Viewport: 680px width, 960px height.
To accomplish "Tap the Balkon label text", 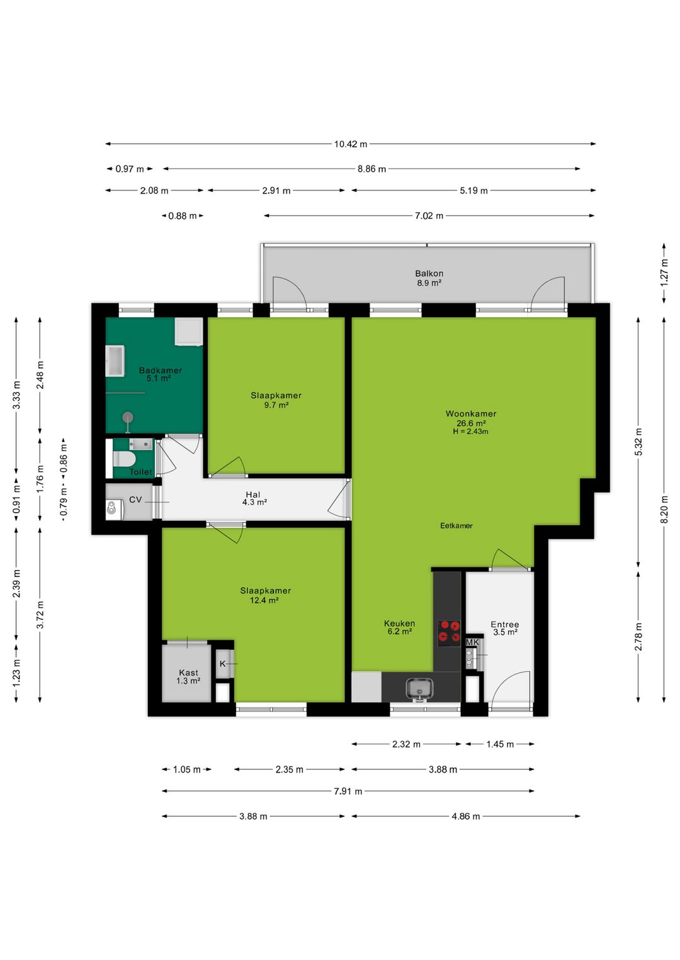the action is pyautogui.click(x=429, y=274).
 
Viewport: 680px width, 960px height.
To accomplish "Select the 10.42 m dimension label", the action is pyautogui.click(x=351, y=144).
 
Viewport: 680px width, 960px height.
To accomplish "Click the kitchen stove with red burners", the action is pyautogui.click(x=448, y=633).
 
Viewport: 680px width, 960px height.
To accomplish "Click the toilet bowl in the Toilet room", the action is pyautogui.click(x=124, y=459).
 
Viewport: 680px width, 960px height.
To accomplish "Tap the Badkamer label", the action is pyautogui.click(x=160, y=371).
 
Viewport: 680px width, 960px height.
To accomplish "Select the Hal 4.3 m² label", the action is pyautogui.click(x=254, y=498).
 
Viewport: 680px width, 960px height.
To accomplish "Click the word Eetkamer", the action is pyautogui.click(x=456, y=526).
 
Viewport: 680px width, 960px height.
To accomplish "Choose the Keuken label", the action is pyautogui.click(x=399, y=623).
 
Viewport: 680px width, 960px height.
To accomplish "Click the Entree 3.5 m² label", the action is pyautogui.click(x=504, y=628).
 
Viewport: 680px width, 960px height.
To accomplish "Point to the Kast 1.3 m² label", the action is pyautogui.click(x=188, y=677).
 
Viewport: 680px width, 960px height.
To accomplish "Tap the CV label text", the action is pyautogui.click(x=135, y=500).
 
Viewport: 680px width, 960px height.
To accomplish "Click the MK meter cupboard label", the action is pyautogui.click(x=472, y=642).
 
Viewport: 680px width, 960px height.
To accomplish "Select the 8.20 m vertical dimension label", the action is pyautogui.click(x=664, y=509).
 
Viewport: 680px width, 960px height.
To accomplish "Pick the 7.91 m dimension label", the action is pyautogui.click(x=348, y=791).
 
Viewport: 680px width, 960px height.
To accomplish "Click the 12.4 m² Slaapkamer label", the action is pyautogui.click(x=265, y=595).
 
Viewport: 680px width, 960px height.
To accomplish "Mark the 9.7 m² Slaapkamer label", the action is pyautogui.click(x=276, y=400).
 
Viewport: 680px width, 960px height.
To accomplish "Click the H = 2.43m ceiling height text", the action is pyautogui.click(x=470, y=432).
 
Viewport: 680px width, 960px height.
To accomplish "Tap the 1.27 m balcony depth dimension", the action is pyautogui.click(x=664, y=272).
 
